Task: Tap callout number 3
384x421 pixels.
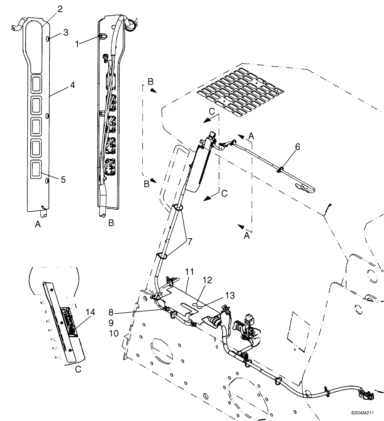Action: tap(65, 32)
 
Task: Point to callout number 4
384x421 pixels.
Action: tap(72, 85)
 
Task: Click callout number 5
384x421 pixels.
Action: tap(63, 180)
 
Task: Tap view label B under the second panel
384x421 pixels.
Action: tap(111, 224)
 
